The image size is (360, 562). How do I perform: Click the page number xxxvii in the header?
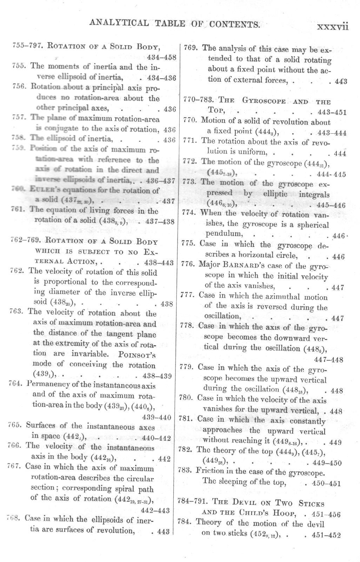click(332, 27)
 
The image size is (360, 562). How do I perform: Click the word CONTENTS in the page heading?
click(234, 25)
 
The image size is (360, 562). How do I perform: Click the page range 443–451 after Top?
click(331, 112)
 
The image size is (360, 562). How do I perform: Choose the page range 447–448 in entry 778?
click(328, 359)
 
